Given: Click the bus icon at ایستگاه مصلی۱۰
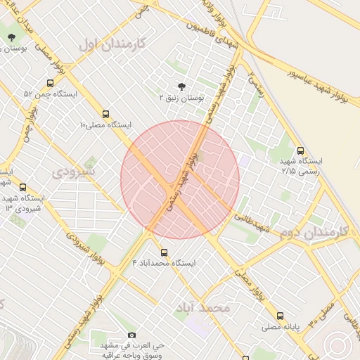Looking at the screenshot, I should (106, 114).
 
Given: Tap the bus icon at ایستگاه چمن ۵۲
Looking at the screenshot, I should (49, 83).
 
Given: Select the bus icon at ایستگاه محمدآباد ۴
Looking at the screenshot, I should (165, 252).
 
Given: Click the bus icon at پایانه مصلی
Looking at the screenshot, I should (281, 316).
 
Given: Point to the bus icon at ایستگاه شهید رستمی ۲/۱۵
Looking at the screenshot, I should (301, 150).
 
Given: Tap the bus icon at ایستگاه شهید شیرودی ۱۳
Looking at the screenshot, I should (23, 187).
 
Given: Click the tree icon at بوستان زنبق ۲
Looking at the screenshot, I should (182, 87).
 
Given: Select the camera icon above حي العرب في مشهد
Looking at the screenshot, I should (131, 335).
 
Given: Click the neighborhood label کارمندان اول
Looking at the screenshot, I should (112, 44).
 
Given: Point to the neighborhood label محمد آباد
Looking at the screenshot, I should (205, 308).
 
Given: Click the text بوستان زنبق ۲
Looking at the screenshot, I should (181, 98).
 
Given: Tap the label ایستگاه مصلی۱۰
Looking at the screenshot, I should (105, 125).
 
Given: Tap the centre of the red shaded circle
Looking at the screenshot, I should (180, 179).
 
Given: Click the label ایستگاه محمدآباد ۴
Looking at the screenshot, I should (165, 262).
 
